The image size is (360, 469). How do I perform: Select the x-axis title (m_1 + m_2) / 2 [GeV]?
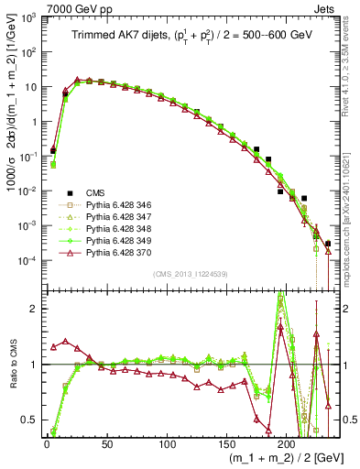275,459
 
